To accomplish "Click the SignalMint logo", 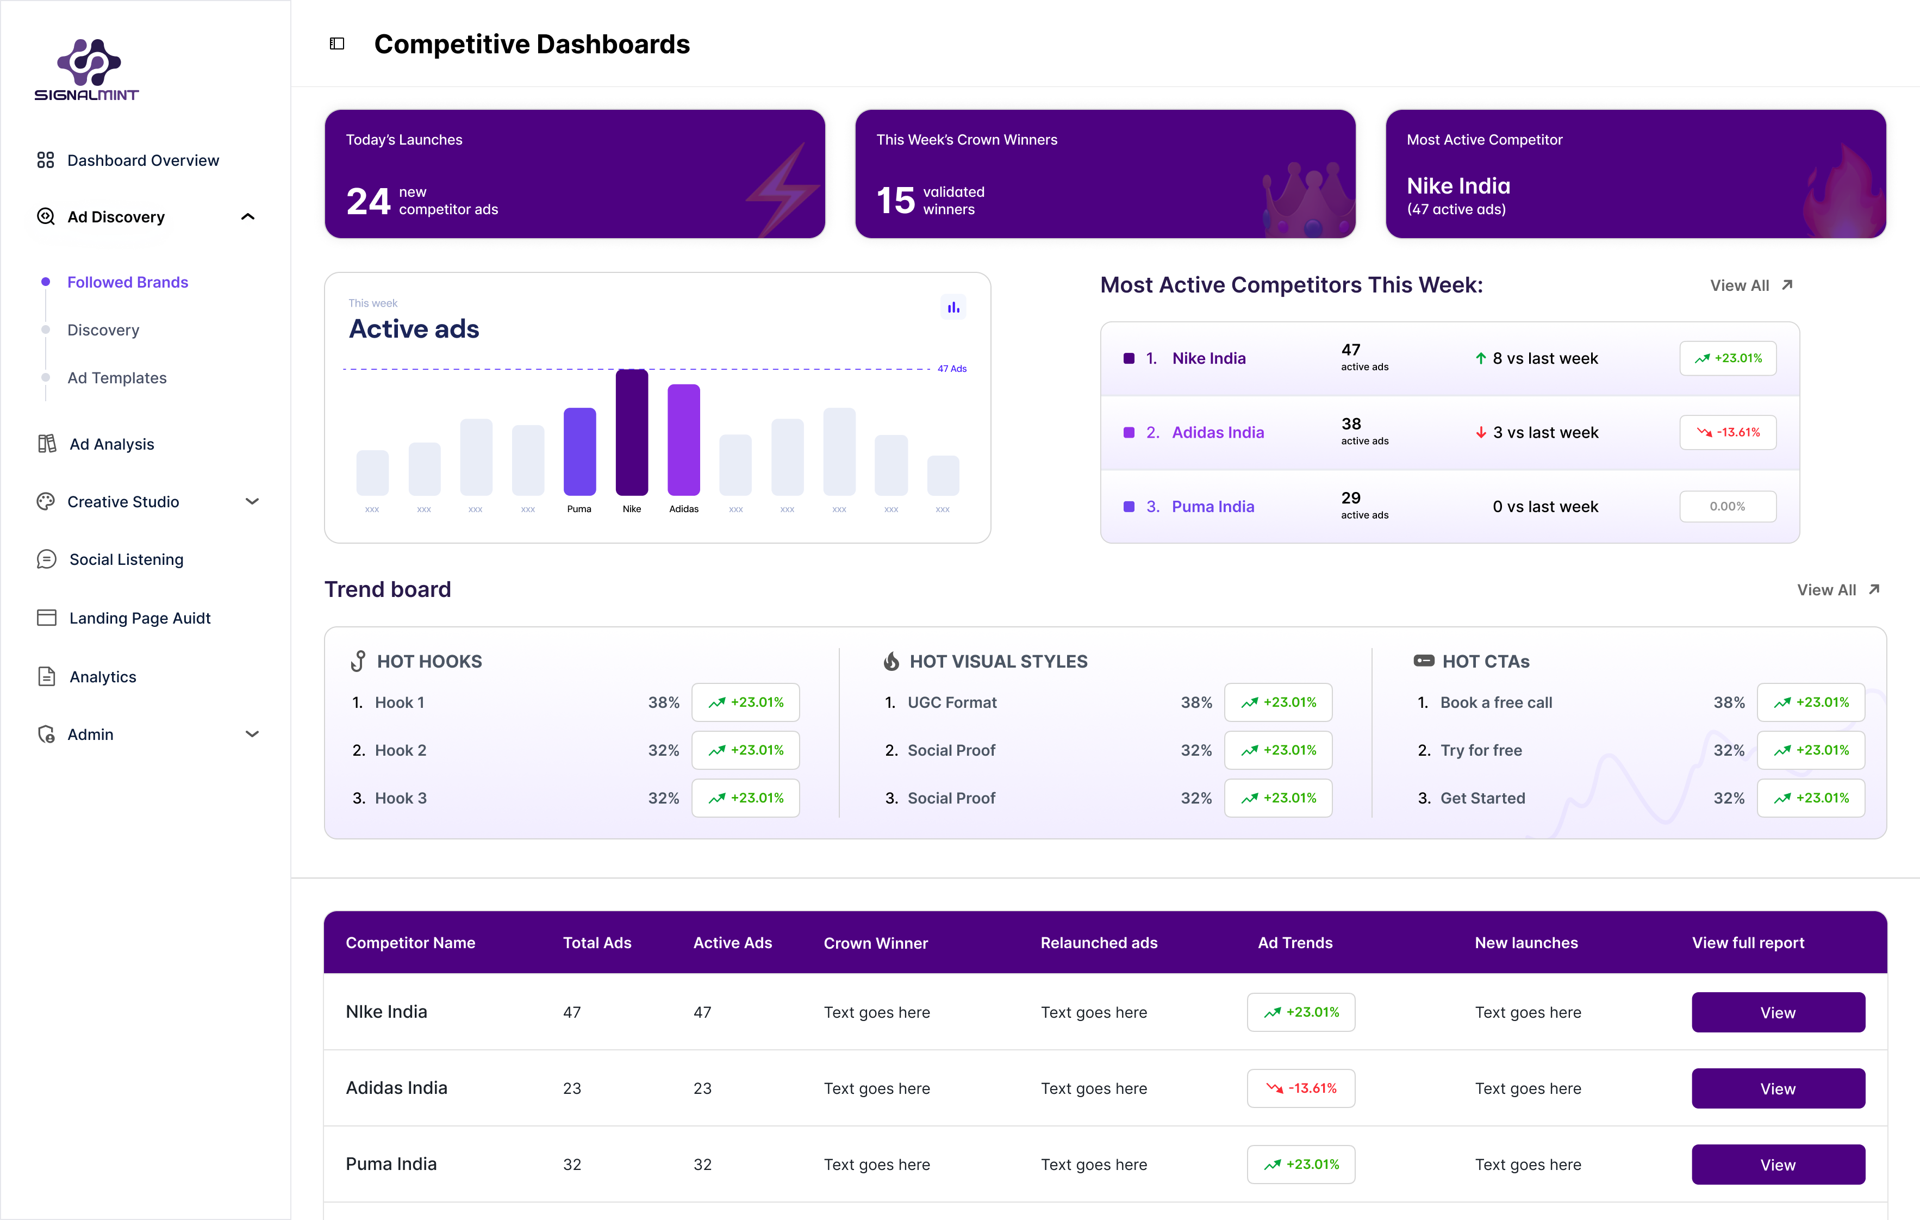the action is coord(87,70).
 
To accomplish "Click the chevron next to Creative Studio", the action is coord(252,502).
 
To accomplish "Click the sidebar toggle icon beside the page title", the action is coord(337,44).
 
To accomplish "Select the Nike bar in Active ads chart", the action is coord(632,432).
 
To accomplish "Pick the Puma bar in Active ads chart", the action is coord(579,451).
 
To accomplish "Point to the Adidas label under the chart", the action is coord(683,509).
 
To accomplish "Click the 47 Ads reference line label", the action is coord(952,369).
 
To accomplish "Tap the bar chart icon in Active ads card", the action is coord(953,307).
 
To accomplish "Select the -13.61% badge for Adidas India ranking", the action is coord(1728,432).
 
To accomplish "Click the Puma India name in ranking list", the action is coord(1213,506).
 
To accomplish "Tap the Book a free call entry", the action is coord(1496,702).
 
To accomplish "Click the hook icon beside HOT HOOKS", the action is coord(359,661).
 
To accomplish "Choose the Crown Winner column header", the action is coord(876,943).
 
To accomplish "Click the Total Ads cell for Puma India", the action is coord(572,1164).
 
